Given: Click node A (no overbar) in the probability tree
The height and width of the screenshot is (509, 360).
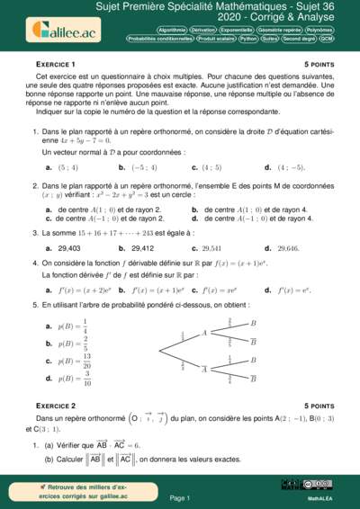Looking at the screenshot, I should (204, 333).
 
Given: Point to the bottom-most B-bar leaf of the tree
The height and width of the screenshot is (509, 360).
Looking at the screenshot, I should (253, 380).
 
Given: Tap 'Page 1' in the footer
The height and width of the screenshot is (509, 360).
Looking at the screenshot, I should (180, 497).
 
